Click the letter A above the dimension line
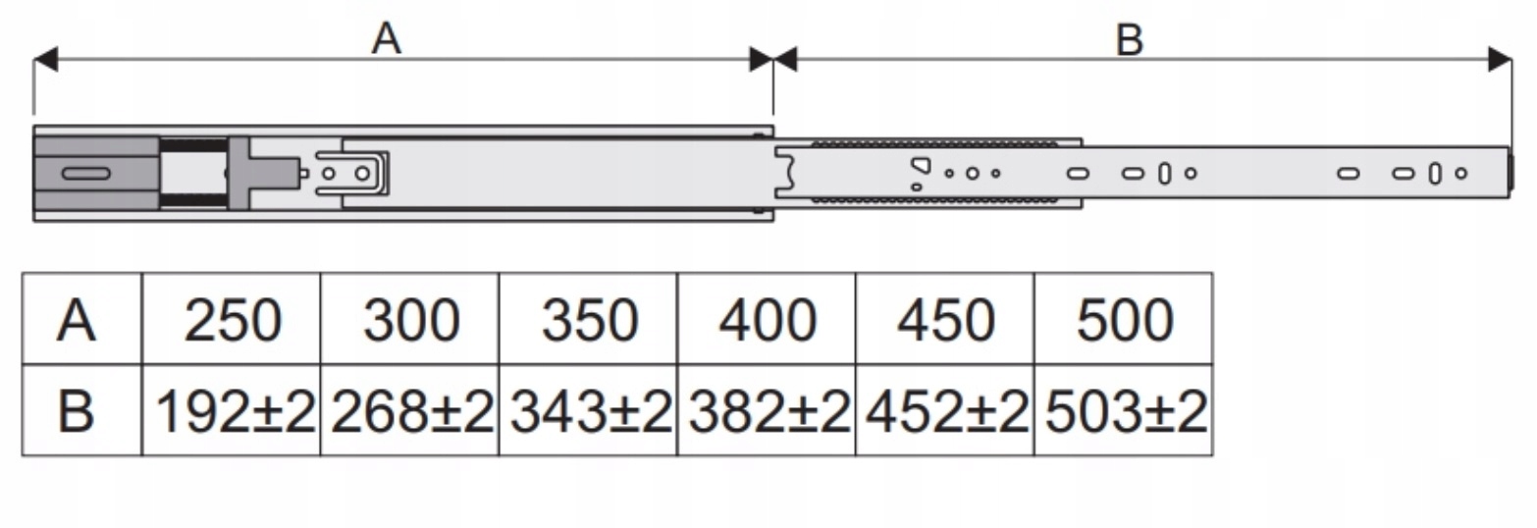click(387, 38)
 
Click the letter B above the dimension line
click(1130, 40)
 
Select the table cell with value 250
click(232, 320)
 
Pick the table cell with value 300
click(410, 320)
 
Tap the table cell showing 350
click(589, 320)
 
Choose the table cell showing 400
click(767, 320)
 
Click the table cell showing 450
click(945, 320)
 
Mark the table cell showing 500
click(1124, 320)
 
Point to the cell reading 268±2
click(410, 411)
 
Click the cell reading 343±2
click(589, 411)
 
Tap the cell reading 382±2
click(768, 411)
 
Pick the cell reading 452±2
click(945, 411)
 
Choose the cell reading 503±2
click(1125, 411)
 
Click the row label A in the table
click(78, 320)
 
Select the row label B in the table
click(78, 411)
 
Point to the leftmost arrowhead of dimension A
click(45, 59)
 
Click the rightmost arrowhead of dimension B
click(1500, 59)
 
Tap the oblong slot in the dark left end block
click(85, 174)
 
